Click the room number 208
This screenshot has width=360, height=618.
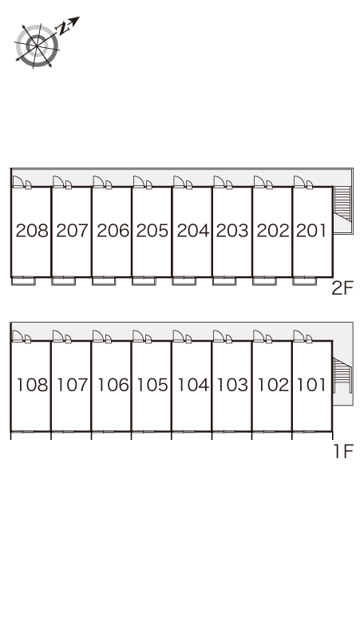click(32, 231)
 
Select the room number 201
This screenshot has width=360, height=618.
click(311, 231)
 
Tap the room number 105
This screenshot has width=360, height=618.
click(152, 385)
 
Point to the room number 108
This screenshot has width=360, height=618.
click(32, 385)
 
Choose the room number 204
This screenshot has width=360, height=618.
click(193, 231)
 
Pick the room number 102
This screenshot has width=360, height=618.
click(273, 385)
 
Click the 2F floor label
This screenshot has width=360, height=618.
click(342, 288)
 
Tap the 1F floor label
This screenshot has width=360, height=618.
click(343, 451)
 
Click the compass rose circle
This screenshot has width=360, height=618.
click(37, 46)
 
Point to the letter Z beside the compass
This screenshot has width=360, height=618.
click(61, 29)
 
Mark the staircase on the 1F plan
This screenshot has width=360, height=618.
click(342, 375)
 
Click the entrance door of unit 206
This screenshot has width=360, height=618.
click(98, 182)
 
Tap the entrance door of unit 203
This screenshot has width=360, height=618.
click(219, 182)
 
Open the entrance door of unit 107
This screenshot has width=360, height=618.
click(58, 336)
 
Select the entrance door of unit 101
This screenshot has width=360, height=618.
click(299, 336)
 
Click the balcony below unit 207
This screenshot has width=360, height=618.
click(63, 281)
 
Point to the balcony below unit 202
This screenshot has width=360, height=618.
click(264, 281)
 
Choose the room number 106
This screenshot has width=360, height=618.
click(113, 385)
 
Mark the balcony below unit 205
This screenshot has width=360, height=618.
click(144, 281)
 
